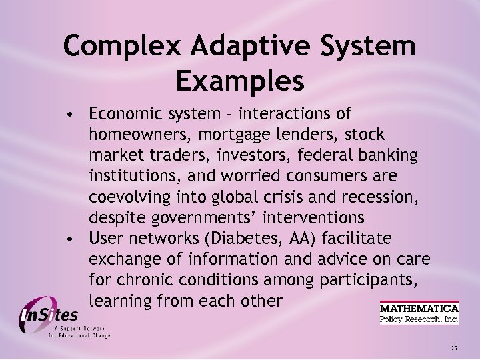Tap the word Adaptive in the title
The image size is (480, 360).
pos(233,47)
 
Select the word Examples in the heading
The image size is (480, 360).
pos(240,81)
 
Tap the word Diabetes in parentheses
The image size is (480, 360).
pos(230,238)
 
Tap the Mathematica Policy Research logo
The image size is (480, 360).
pos(419,313)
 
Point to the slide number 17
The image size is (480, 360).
pos(455,348)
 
